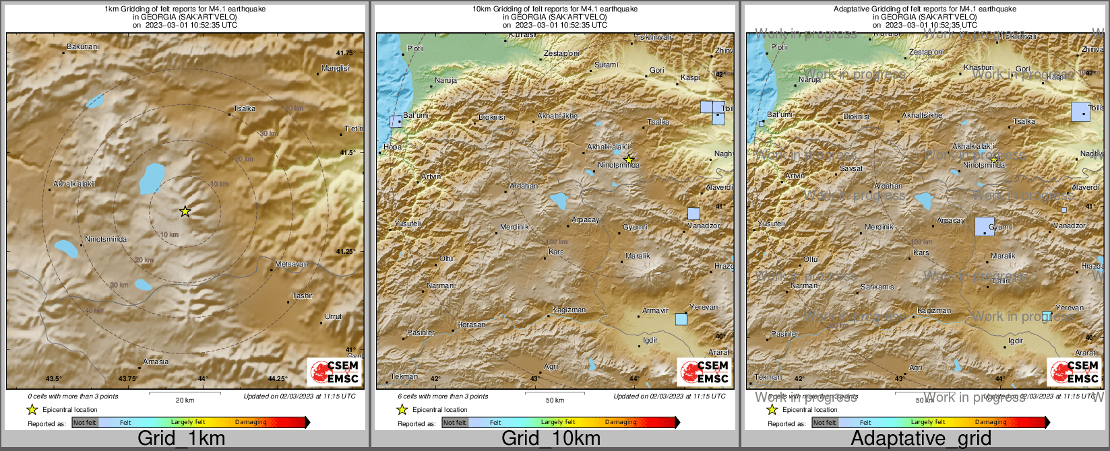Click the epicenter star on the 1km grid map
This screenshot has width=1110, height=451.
185,211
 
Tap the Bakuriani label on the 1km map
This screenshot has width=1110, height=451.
82,47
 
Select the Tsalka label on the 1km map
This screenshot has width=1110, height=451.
244,108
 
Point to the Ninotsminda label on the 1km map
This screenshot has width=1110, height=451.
106,240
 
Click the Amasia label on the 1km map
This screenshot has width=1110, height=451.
156,362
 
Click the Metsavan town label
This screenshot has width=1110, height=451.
291,265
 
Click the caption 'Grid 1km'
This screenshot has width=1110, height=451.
181,439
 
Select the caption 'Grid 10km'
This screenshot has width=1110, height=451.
551,439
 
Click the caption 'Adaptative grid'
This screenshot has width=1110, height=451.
921,439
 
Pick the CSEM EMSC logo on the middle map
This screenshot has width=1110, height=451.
704,372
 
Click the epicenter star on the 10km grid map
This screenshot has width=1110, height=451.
629,160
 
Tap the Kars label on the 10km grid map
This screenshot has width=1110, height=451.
556,252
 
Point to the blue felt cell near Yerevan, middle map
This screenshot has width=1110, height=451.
681,319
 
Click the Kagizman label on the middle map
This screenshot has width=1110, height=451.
569,310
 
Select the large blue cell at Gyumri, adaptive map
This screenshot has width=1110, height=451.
985,226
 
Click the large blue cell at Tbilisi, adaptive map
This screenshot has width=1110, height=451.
1080,112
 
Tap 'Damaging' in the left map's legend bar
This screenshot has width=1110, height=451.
251,423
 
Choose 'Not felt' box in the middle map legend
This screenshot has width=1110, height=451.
455,423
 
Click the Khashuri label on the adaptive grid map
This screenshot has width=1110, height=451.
979,68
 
